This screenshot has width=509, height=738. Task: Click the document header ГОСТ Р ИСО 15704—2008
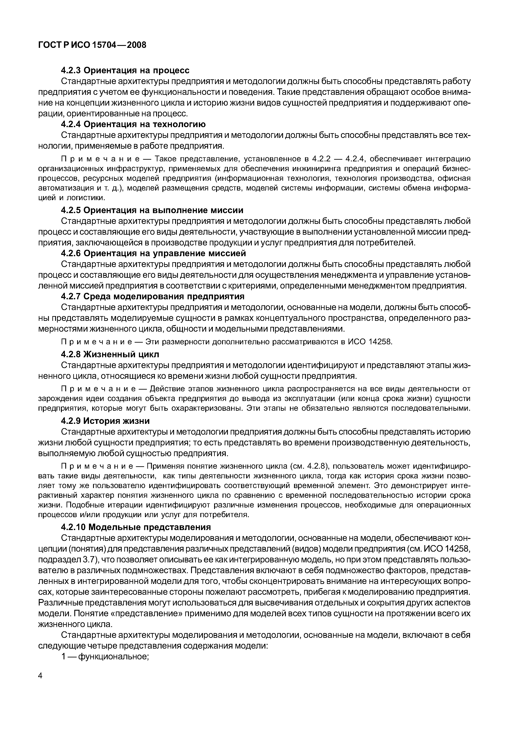[x=92, y=45]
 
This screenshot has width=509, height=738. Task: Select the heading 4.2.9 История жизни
[x=105, y=421]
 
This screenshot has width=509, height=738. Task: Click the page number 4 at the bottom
[x=40, y=685]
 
